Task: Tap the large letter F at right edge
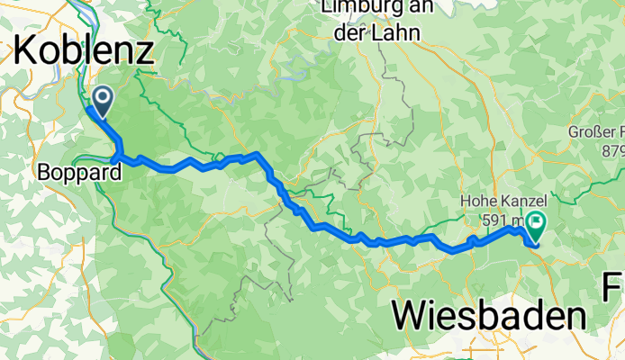click(614, 289)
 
